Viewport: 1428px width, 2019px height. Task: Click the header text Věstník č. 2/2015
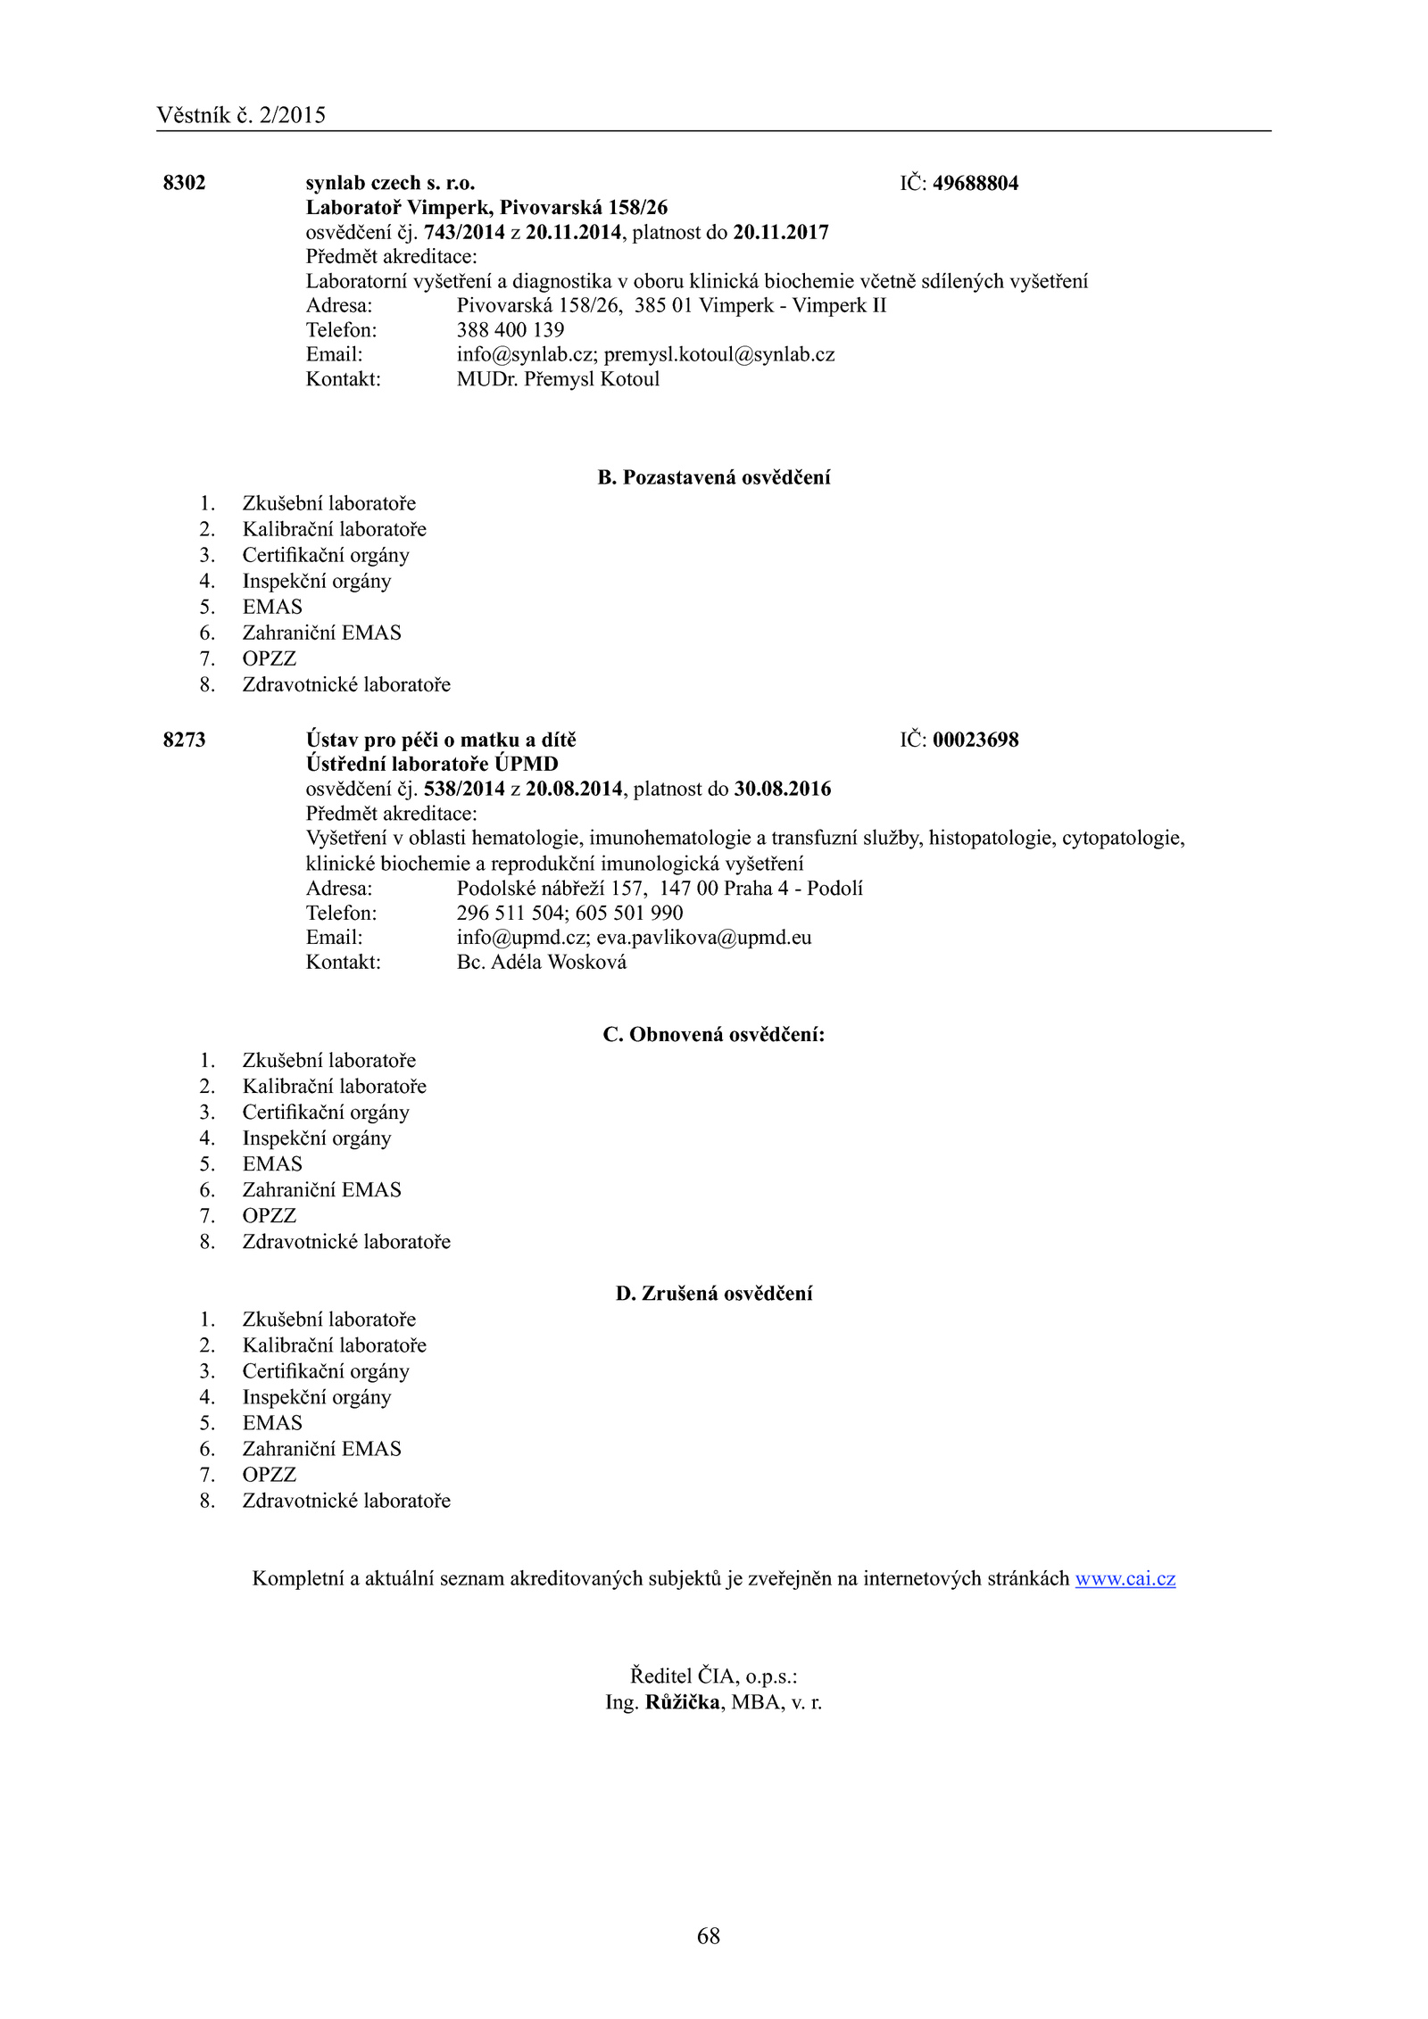(241, 115)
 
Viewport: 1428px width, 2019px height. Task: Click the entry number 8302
(184, 183)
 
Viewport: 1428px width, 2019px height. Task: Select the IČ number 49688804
(976, 184)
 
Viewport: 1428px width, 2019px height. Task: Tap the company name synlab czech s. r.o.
(390, 183)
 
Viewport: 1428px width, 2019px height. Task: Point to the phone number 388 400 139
(511, 330)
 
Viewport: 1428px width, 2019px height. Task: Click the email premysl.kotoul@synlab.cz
(719, 355)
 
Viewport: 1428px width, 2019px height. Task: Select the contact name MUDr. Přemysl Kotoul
(558, 379)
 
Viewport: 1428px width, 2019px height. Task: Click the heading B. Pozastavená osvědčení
(714, 477)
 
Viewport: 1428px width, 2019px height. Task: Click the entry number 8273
(184, 740)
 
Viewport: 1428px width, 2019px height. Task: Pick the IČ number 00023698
(976, 740)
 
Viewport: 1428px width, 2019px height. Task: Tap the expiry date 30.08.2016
(783, 790)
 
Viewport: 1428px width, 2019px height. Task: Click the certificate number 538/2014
(464, 790)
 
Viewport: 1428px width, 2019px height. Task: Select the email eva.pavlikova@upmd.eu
(704, 938)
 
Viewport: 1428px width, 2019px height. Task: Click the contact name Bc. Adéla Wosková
(542, 963)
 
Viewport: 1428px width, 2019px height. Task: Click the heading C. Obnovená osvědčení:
(714, 1035)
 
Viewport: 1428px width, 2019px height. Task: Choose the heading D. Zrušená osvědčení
(714, 1294)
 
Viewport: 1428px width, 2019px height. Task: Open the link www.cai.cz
(1125, 1578)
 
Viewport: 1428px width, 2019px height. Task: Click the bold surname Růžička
(683, 1702)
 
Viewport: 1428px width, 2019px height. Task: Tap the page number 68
(709, 1936)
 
